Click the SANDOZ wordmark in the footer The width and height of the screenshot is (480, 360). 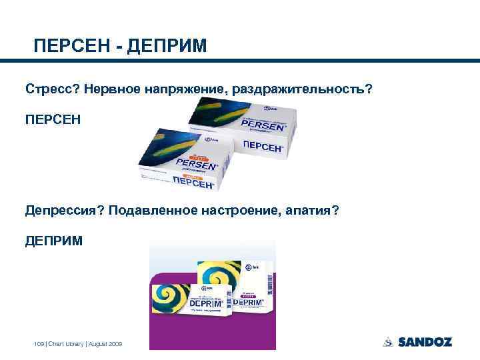coord(425,342)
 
